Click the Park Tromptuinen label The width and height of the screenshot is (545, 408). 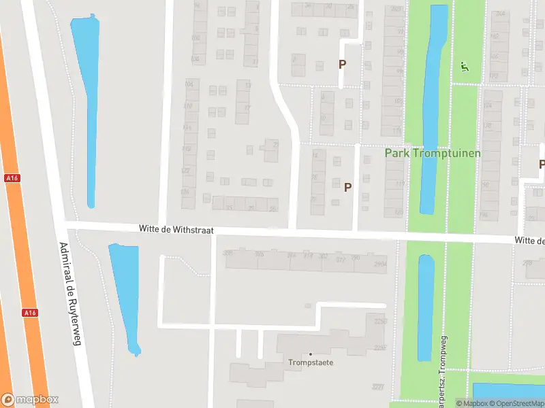coord(433,153)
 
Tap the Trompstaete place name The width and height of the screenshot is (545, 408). coord(311,362)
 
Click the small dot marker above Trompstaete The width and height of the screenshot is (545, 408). coord(311,354)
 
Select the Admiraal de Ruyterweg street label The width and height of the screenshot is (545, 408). coord(70,294)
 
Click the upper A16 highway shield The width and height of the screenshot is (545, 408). coord(11,178)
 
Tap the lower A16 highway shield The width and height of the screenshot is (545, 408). coord(29,313)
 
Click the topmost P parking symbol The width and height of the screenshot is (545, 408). coord(343,64)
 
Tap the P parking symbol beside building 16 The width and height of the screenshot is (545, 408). coord(348,187)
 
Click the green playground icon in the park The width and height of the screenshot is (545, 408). coord(465,67)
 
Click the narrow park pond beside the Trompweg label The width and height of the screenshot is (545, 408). coord(425,306)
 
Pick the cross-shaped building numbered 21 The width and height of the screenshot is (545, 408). coord(271,150)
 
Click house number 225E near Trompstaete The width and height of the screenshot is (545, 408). coord(378,347)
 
